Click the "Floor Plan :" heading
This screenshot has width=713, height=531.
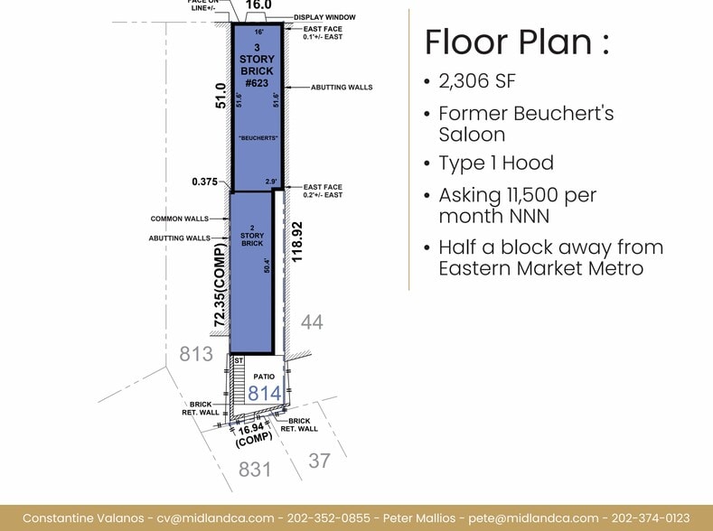click(517, 42)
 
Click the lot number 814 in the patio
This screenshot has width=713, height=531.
click(265, 394)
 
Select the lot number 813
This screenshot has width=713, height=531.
click(196, 353)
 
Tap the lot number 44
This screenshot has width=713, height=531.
click(311, 321)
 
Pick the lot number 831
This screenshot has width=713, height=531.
click(256, 469)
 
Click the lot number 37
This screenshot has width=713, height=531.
click(318, 461)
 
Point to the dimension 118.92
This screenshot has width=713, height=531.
click(297, 241)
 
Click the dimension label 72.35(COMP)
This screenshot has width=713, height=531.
click(220, 284)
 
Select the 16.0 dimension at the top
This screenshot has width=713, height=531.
click(258, 5)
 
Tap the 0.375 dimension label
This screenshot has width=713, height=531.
click(205, 182)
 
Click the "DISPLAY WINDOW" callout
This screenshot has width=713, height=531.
click(324, 17)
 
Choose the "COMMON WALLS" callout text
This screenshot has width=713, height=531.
click(179, 219)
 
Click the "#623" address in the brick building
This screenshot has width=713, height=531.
click(257, 83)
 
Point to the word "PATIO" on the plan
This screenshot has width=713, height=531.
click(263, 376)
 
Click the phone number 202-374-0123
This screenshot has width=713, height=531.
click(652, 517)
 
